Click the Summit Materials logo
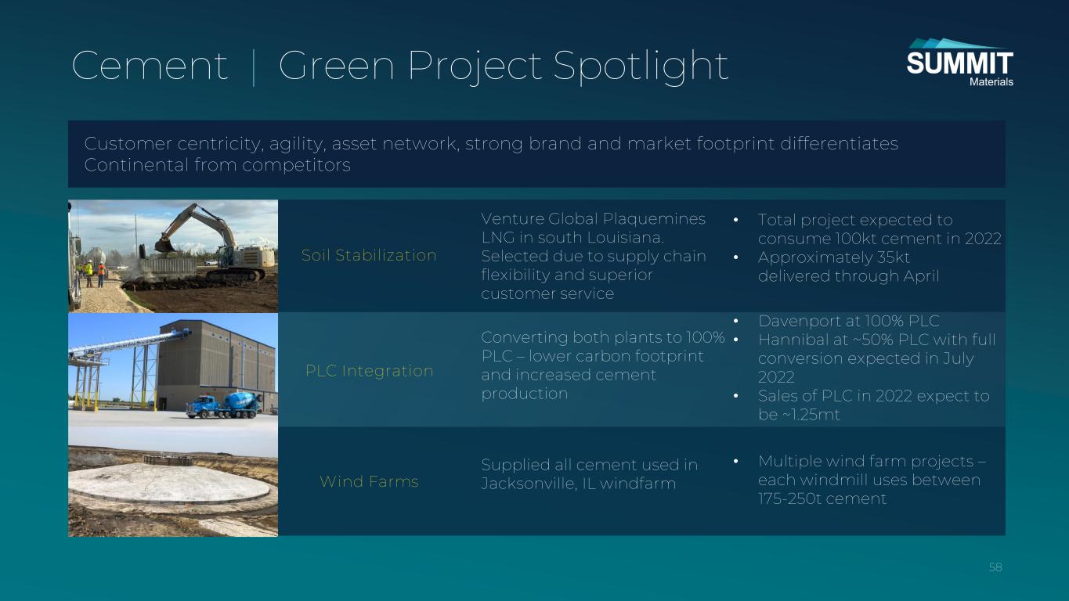(x=959, y=63)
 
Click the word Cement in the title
(x=150, y=66)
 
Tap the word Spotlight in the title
(x=641, y=67)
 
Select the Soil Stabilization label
(x=369, y=255)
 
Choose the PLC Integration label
(x=370, y=371)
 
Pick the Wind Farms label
(x=369, y=481)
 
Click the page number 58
(x=995, y=567)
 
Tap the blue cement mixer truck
(x=224, y=405)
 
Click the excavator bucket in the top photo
(x=164, y=245)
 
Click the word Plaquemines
(x=654, y=219)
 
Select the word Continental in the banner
(x=136, y=165)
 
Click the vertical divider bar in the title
(x=254, y=67)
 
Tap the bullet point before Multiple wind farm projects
(x=736, y=461)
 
